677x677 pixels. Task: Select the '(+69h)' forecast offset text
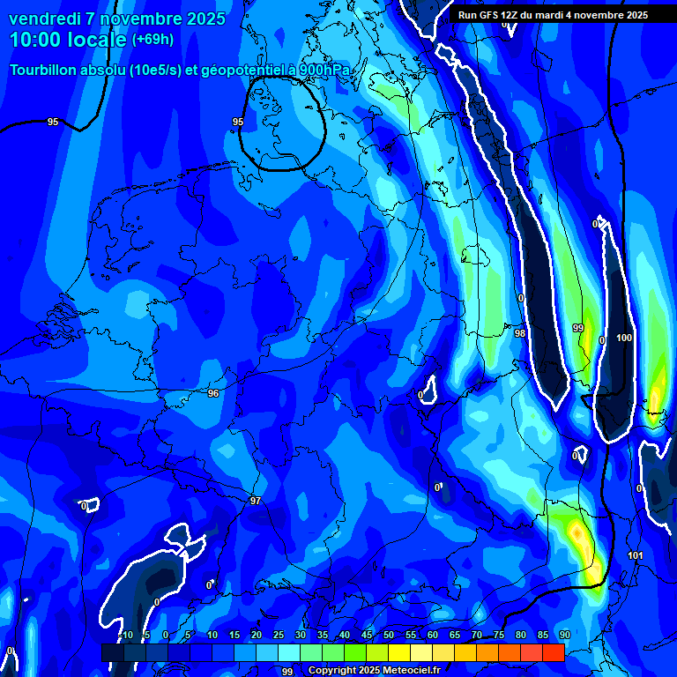tap(153, 40)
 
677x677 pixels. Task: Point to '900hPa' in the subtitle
tap(325, 71)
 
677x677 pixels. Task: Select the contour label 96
tap(212, 393)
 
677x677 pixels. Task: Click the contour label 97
tap(256, 501)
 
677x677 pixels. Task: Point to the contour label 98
tap(520, 333)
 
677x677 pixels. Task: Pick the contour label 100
tap(624, 338)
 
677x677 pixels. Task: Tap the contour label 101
tap(636, 555)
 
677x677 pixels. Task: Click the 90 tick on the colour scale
tap(564, 636)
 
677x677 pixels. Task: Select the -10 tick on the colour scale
tap(125, 636)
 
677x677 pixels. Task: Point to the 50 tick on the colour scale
tap(389, 636)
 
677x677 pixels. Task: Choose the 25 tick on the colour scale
tap(279, 636)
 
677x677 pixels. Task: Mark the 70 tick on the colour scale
tap(477, 636)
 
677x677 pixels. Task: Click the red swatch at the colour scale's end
tap(553, 652)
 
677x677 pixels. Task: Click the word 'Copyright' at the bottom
tap(332, 671)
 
